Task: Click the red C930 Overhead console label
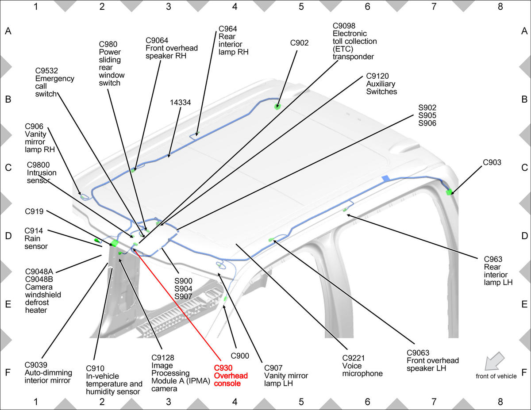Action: pos(231,376)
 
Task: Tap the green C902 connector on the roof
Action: pos(277,107)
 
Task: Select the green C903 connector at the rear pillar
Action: pos(449,192)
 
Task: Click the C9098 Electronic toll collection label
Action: pos(354,41)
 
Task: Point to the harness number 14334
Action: pos(180,102)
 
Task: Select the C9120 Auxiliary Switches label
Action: pos(381,84)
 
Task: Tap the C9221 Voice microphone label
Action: pos(362,366)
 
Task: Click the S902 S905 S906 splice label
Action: pos(427,115)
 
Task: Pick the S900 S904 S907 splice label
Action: pos(183,289)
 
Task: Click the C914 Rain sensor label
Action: pos(36,238)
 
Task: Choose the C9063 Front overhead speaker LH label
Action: pos(432,360)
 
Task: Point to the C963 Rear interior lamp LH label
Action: pos(498,271)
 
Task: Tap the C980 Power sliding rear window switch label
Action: pos(112,64)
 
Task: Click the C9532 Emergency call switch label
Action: pos(54,82)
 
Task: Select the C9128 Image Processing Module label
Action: pos(181,373)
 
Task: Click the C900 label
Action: pos(240,356)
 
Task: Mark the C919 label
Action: pos(34,211)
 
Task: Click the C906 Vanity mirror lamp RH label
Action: pos(40,138)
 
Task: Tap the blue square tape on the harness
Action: pos(386,178)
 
